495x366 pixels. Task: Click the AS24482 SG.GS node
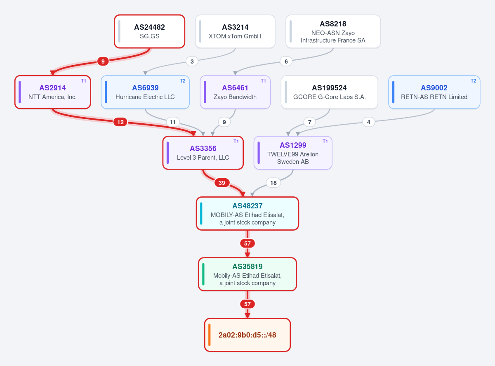(149, 31)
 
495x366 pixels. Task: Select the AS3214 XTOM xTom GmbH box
(235, 31)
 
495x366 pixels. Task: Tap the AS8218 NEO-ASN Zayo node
(333, 31)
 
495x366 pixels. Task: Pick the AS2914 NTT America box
(53, 92)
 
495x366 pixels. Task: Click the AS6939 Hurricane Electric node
(145, 92)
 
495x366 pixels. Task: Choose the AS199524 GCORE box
(330, 92)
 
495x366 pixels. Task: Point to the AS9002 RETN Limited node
(434, 92)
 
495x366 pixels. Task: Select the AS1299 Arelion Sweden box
(293, 153)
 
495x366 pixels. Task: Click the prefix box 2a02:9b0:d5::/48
(247, 335)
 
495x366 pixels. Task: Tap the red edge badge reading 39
(222, 183)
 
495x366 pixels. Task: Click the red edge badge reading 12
(120, 122)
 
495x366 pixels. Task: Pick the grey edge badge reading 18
(273, 183)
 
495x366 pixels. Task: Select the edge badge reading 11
(173, 122)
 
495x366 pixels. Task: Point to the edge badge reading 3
(192, 61)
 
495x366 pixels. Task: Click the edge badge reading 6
(286, 61)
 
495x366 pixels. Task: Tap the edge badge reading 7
(309, 122)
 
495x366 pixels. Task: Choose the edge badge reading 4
(369, 122)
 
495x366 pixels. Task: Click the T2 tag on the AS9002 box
(474, 81)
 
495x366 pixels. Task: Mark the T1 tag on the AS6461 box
(263, 81)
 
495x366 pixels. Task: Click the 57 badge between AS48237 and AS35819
(247, 243)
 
